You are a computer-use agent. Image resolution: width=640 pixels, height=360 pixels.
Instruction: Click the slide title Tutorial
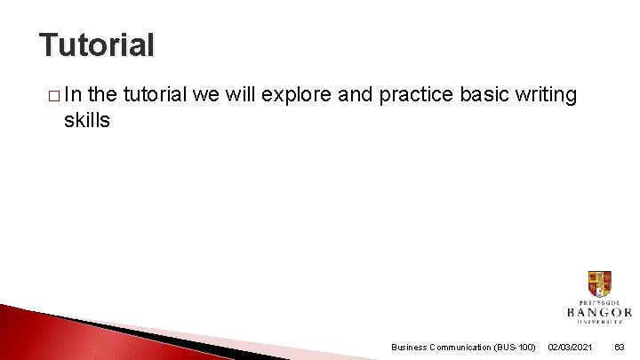point(97,44)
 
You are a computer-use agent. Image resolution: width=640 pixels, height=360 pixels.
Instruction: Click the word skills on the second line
point(86,120)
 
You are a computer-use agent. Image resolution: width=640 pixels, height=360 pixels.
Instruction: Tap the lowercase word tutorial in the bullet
point(155,95)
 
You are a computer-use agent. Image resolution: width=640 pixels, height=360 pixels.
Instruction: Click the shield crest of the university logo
point(599,284)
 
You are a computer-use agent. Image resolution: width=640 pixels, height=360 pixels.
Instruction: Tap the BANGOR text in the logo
point(599,312)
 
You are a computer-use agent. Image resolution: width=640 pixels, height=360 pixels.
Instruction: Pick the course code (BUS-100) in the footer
point(515,347)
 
